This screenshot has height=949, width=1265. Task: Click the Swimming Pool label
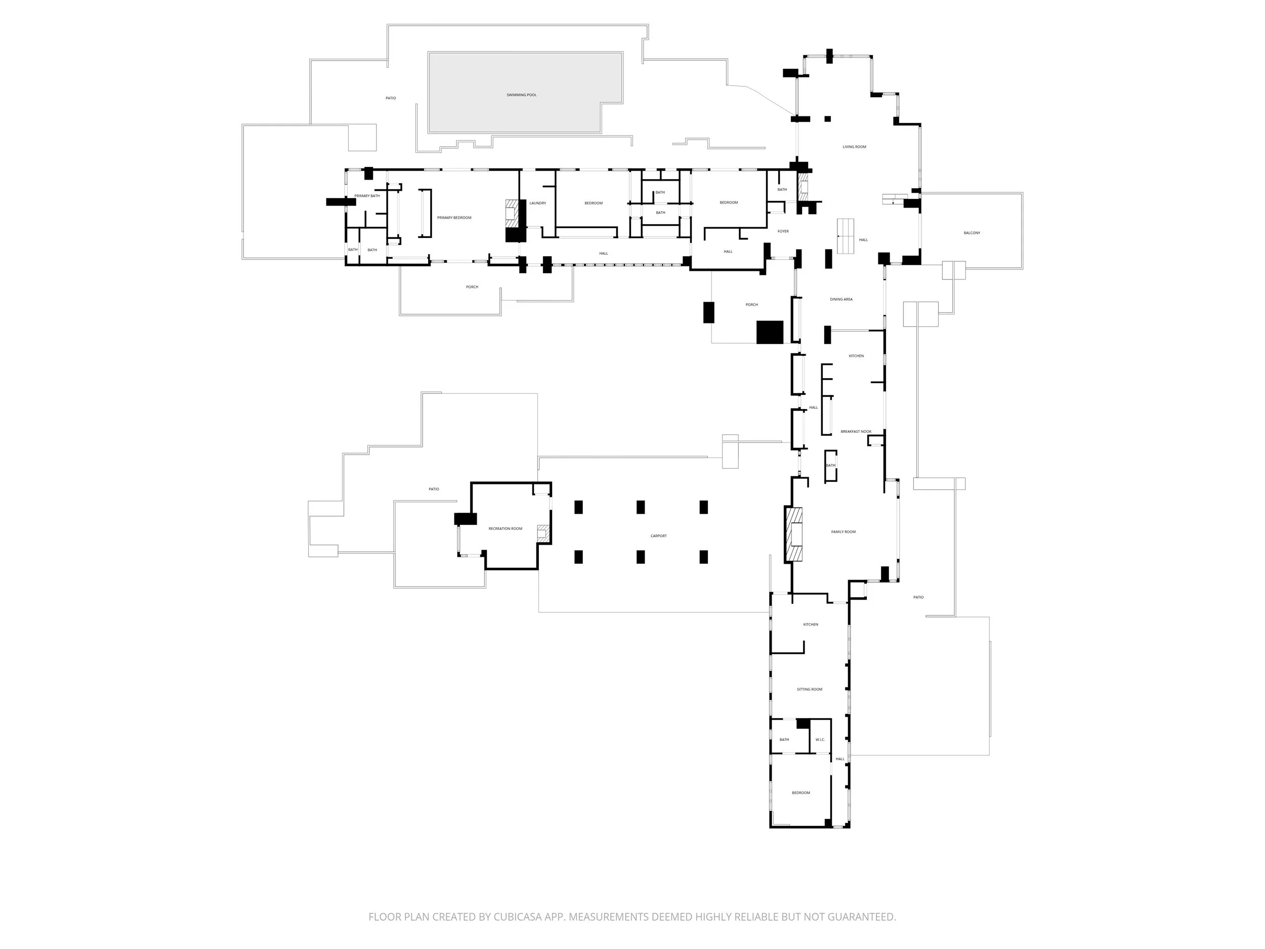coord(521,95)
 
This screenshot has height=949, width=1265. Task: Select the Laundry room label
coord(537,203)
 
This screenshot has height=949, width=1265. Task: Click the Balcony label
coord(972,233)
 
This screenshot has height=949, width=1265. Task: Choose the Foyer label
coord(783,231)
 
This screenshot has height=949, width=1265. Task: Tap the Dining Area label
coord(841,299)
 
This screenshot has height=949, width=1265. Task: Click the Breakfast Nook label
coord(856,431)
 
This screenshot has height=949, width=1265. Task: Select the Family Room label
coord(843,532)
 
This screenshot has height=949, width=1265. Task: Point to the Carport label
coord(658,536)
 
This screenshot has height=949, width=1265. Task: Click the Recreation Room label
coord(505,528)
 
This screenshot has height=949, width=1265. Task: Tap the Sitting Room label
coord(809,689)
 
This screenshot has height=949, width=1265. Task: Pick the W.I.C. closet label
coord(820,739)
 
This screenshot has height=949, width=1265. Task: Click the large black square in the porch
coord(770,332)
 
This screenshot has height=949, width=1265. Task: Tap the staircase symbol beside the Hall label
coord(845,236)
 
